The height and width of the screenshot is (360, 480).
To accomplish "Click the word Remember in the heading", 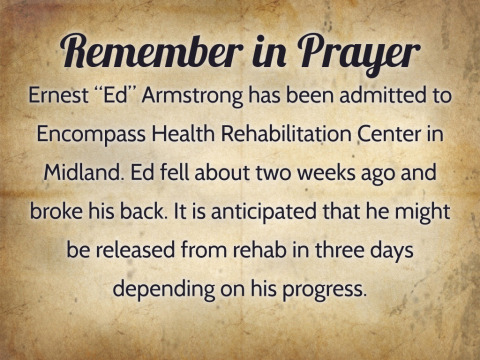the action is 152,52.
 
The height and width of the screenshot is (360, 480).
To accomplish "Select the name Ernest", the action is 58,95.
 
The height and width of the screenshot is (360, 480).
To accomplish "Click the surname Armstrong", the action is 193,97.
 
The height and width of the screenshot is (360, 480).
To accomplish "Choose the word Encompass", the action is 91,135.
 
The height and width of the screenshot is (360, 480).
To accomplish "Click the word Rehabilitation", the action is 286,133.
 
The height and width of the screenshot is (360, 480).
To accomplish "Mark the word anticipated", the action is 264,212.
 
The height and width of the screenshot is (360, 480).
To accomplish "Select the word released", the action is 135,250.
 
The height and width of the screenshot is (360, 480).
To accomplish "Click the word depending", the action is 164,289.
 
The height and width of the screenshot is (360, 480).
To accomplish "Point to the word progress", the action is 324,290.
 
